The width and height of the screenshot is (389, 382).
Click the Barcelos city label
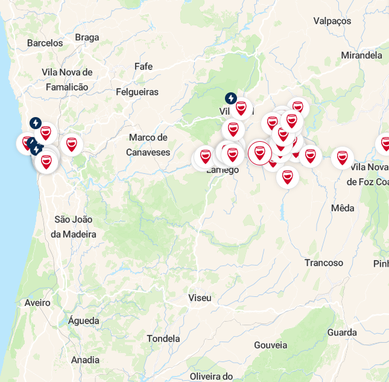45,43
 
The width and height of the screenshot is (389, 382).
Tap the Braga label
87,37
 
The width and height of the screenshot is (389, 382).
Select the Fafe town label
144,66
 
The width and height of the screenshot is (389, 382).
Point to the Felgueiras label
137,92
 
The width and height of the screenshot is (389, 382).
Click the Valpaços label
332,21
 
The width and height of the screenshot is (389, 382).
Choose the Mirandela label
361,55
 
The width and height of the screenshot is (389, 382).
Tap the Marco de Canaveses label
148,145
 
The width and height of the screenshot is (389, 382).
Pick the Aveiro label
37,302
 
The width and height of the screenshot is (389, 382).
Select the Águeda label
83,320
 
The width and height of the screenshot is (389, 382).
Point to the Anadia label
85,360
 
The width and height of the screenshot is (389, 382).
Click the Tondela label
163,339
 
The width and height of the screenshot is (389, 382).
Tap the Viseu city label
200,298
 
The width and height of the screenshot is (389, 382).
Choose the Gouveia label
270,345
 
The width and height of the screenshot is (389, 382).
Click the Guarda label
342,333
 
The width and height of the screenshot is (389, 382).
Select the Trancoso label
323,263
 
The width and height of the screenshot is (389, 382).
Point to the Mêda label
343,208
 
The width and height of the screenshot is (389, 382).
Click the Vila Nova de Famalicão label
67,80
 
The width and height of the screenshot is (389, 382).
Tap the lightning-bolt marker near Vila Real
230,98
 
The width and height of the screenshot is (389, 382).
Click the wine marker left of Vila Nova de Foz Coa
342,158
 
